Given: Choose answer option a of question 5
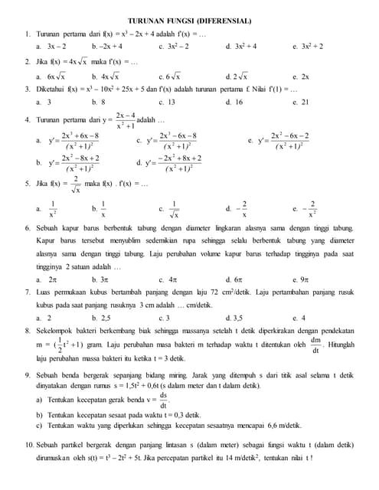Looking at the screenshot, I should point(48,208).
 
